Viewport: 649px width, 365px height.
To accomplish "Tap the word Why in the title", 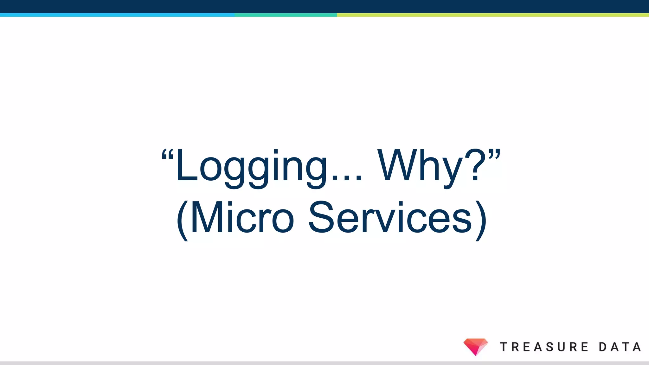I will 420,166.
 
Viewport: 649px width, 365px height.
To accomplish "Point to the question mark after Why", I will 475,165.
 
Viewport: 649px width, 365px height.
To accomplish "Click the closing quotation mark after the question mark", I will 494,154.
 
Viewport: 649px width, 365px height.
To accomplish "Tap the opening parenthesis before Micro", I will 183,220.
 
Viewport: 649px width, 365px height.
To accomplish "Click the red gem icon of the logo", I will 475,346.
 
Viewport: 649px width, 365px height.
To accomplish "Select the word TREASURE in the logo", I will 544,347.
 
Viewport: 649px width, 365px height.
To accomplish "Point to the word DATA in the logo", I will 620,347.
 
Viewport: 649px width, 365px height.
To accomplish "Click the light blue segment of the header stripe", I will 117,15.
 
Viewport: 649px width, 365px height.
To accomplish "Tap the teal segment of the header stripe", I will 286,15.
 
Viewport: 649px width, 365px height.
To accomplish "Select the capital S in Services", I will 321,218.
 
